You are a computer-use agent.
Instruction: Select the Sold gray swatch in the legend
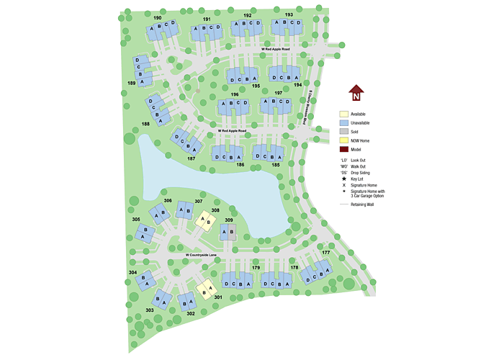tap(344, 131)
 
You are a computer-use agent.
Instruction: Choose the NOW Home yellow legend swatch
tap(344, 140)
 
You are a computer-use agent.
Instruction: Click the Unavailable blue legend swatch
tap(344, 122)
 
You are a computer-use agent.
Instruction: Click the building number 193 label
tap(288, 14)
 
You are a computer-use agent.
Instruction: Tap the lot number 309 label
tap(229, 220)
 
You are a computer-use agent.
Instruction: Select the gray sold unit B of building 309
tap(232, 232)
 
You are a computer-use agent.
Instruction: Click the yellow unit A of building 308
tap(203, 218)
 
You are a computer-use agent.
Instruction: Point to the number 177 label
tap(325, 253)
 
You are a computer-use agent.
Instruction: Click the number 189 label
tap(132, 84)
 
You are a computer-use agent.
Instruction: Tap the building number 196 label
tap(235, 94)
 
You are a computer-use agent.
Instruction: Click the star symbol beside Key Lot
tap(343, 178)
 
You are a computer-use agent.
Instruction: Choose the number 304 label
tap(132, 273)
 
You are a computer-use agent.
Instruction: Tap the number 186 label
tap(240, 165)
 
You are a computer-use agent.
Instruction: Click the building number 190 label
tap(158, 17)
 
